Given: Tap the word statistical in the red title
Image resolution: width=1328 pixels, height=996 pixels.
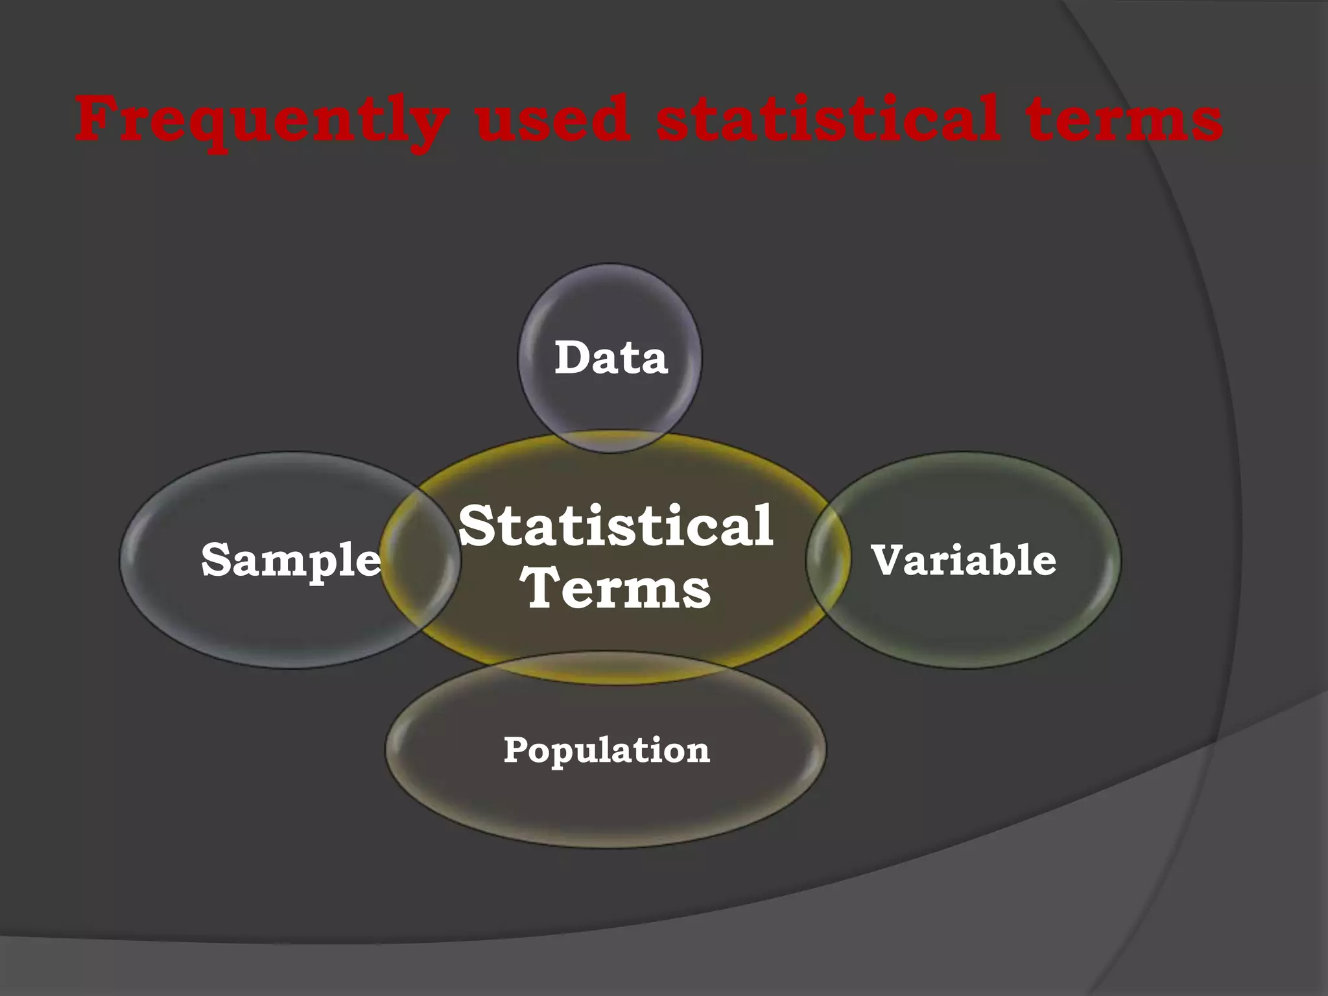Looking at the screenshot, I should click(x=827, y=119).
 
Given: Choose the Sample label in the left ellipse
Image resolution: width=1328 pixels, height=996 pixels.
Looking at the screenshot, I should click(x=290, y=560).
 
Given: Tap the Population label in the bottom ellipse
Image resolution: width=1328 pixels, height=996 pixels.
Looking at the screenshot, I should click(x=606, y=750).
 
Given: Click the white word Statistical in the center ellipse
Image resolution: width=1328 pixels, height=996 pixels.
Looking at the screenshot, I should click(x=615, y=526).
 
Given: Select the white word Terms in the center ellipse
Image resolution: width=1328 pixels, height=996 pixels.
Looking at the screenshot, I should click(x=617, y=588).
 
